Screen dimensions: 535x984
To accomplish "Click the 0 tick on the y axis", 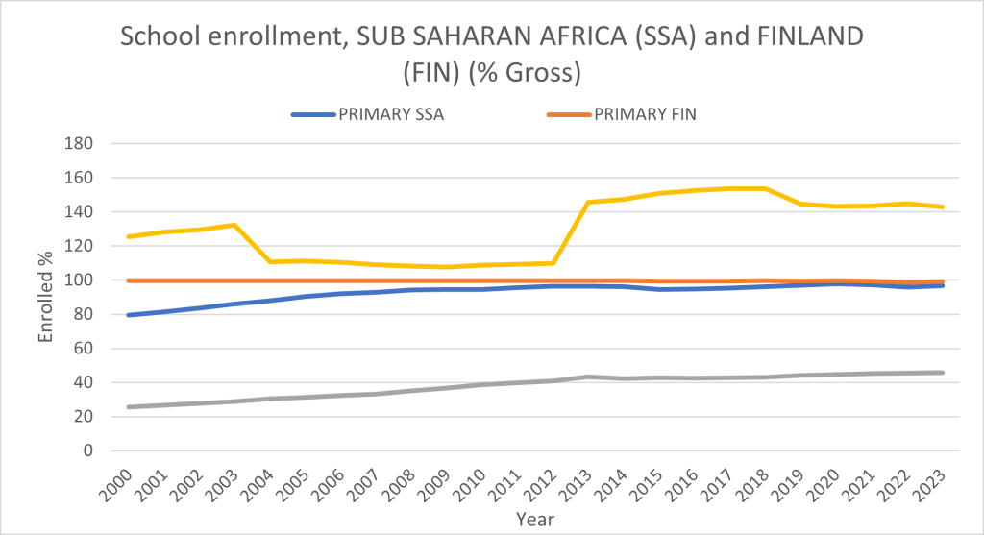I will (x=88, y=450).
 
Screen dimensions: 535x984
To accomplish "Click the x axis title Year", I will (x=533, y=518).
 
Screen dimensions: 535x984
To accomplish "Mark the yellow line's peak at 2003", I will (x=234, y=225).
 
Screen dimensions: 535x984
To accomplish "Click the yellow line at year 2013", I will (x=589, y=202).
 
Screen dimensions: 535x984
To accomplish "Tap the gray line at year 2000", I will (x=129, y=407).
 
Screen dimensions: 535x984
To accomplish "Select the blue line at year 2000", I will (x=129, y=315).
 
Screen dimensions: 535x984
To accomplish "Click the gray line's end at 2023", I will (x=943, y=373).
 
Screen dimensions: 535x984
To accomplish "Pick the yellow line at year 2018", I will (x=766, y=188).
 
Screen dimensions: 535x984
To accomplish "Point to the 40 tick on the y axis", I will (x=84, y=382).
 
